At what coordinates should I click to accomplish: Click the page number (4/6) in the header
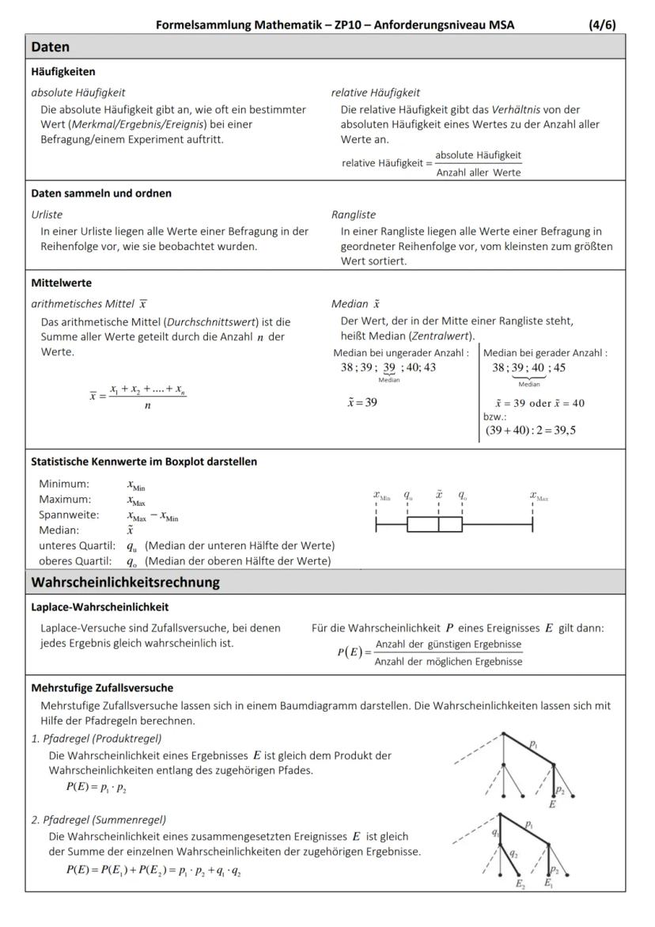[x=602, y=25]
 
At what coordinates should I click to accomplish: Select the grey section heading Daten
[x=51, y=47]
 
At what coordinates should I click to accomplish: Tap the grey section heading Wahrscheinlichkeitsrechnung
[x=125, y=583]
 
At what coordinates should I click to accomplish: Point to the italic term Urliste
[x=47, y=215]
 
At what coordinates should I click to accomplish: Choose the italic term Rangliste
[x=354, y=215]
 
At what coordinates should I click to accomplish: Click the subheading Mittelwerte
[x=61, y=283]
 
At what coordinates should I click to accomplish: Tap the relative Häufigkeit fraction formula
[x=432, y=164]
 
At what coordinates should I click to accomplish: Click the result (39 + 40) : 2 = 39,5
[x=531, y=431]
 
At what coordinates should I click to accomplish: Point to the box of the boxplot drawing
[x=434, y=524]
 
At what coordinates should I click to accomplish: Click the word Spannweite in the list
[x=69, y=515]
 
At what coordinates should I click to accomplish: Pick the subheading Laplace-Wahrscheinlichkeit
[x=100, y=607]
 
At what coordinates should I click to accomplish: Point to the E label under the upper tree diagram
[x=551, y=804]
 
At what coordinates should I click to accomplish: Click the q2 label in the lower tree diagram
[x=513, y=853]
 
